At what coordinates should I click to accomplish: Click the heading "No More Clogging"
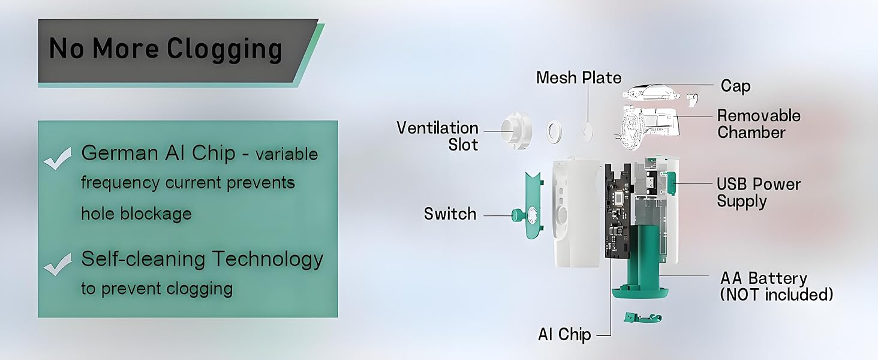[x=165, y=49]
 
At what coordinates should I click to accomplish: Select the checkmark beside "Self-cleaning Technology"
[x=58, y=265]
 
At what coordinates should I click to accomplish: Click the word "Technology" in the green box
[x=267, y=259]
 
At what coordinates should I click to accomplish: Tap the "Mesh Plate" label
[x=579, y=78]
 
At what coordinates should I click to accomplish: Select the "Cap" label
[x=735, y=86]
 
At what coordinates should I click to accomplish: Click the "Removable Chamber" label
[x=758, y=124]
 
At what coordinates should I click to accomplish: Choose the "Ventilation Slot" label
[x=437, y=136]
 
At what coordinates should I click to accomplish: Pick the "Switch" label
[x=450, y=214]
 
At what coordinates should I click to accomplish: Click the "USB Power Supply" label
[x=758, y=192]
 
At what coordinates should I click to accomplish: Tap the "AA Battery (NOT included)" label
[x=776, y=286]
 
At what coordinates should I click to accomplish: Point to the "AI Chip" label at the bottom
[x=564, y=334]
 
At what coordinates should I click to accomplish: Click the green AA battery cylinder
[x=642, y=252]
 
